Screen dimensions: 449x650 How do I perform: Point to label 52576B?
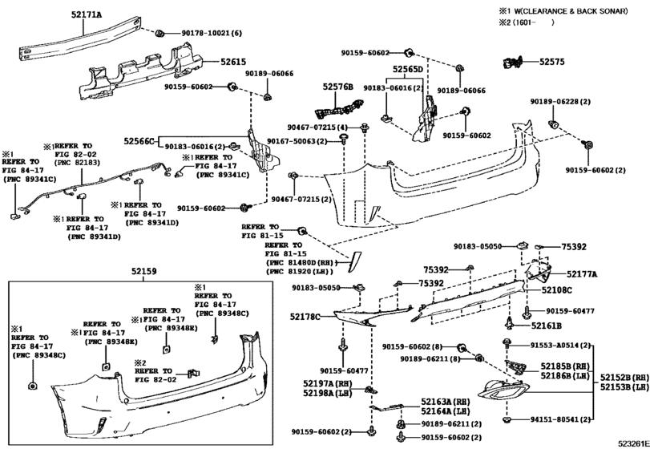coord(338,87)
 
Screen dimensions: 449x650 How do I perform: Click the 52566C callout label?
coord(139,141)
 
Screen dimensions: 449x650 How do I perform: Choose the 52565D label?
coord(407,70)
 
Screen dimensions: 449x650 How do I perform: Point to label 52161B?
coord(545,326)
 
